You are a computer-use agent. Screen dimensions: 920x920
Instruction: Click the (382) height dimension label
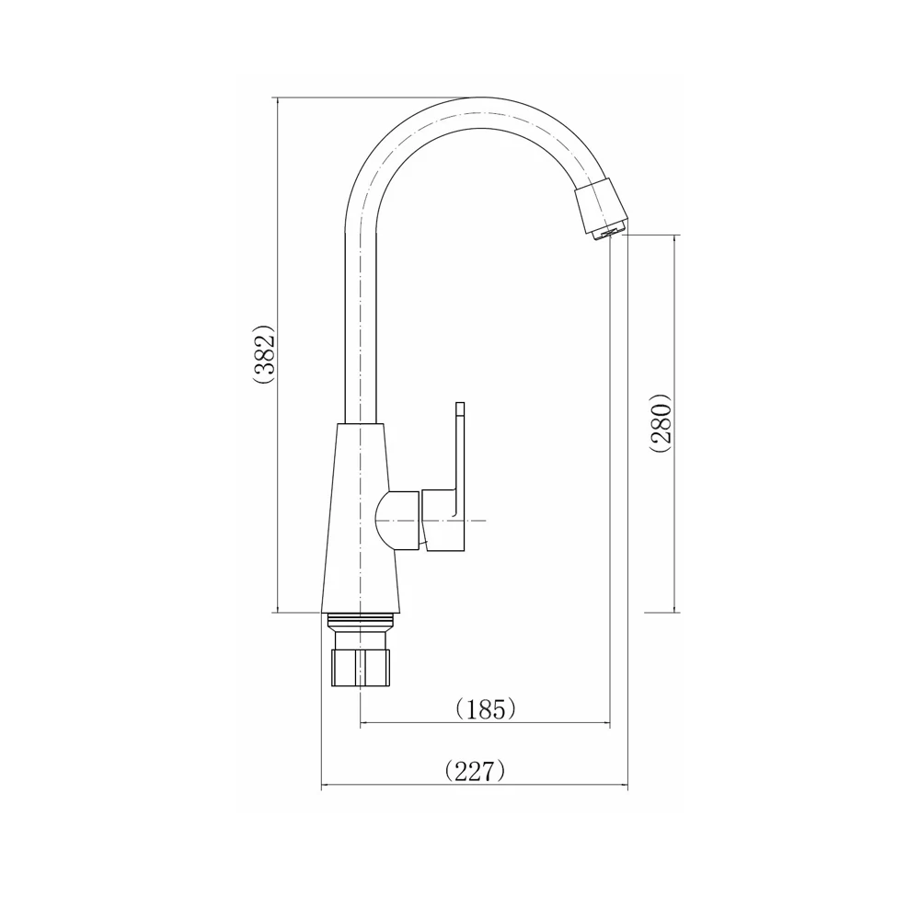pyautogui.click(x=265, y=353)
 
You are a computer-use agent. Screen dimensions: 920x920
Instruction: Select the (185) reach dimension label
pyautogui.click(x=485, y=709)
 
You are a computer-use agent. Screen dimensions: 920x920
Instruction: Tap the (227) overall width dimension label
pyautogui.click(x=475, y=771)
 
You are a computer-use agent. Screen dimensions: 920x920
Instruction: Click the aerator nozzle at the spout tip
pyautogui.click(x=602, y=210)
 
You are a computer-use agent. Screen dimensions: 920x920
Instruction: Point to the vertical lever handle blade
pyautogui.click(x=460, y=451)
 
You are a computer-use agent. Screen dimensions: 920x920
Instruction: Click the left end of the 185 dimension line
pyautogui.click(x=360, y=724)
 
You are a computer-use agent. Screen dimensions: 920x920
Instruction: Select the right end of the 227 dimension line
pyautogui.click(x=628, y=787)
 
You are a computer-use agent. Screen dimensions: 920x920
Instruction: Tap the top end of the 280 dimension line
pyautogui.click(x=676, y=236)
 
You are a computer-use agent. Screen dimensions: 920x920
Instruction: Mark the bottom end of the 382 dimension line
pyautogui.click(x=278, y=612)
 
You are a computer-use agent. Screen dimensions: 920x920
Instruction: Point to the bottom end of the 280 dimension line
pyautogui.click(x=676, y=612)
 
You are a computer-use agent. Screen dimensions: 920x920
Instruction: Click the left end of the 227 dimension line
pyautogui.click(x=321, y=787)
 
